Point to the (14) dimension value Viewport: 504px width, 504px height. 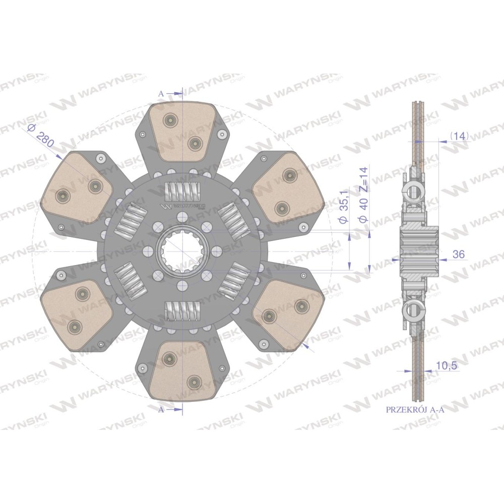click(x=460, y=136)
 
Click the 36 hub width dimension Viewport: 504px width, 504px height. click(x=458, y=254)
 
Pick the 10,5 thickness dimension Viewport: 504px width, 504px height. click(x=447, y=365)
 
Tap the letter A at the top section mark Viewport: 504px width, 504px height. click(x=161, y=94)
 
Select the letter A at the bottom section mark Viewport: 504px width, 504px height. click(x=161, y=410)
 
